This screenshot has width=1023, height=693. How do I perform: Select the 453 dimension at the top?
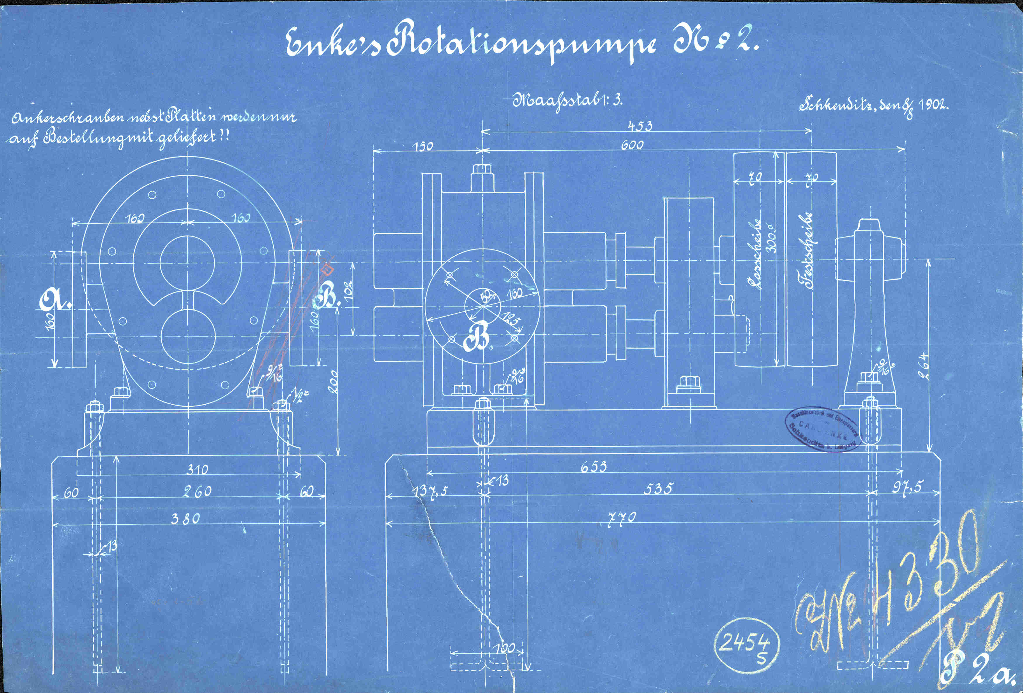coord(640,126)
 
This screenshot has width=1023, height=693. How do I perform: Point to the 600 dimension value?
coord(632,145)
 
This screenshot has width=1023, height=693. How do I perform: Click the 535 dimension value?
coord(658,488)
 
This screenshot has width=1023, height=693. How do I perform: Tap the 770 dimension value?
coord(622,517)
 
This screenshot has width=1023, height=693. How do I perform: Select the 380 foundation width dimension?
coord(185,519)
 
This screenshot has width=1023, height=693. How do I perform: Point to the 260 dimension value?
coord(197,491)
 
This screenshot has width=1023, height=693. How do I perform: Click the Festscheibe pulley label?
coord(808,251)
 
